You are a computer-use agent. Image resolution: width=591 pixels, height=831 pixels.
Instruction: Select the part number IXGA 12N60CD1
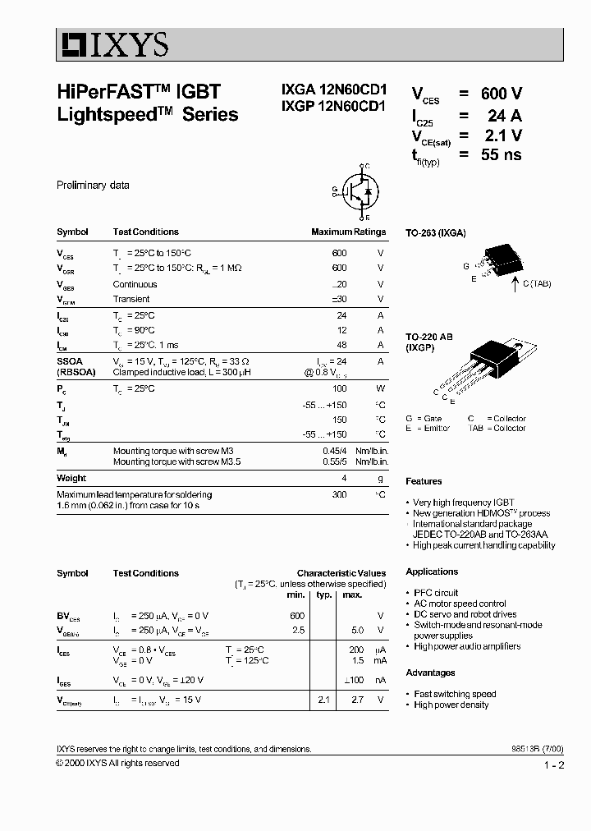(x=328, y=95)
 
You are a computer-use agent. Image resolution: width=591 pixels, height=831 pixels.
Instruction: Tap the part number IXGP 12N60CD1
(x=328, y=115)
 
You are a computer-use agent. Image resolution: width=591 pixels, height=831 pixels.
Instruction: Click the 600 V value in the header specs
(x=501, y=94)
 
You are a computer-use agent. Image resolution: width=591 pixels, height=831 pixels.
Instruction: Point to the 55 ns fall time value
(x=501, y=154)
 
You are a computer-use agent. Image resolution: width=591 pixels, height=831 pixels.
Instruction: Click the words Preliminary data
(x=93, y=186)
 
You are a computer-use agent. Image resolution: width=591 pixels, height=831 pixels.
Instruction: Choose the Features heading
(x=424, y=481)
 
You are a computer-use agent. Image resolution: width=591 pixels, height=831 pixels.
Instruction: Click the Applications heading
(x=432, y=572)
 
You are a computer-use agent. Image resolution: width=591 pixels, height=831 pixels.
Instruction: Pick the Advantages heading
(x=430, y=673)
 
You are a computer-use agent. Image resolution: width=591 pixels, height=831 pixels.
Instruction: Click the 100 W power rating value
(x=339, y=388)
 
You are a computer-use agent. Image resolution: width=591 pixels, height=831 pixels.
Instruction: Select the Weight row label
(x=71, y=478)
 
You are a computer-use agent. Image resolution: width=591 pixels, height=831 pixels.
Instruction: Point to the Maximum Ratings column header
(x=348, y=232)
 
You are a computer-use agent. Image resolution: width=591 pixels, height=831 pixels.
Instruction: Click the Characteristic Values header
(x=341, y=573)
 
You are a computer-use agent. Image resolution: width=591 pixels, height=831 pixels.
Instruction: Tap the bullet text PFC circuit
(x=436, y=593)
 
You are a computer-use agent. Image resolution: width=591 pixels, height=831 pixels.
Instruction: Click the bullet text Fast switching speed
(x=455, y=694)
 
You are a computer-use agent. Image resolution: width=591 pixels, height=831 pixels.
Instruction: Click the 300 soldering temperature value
(x=339, y=494)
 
